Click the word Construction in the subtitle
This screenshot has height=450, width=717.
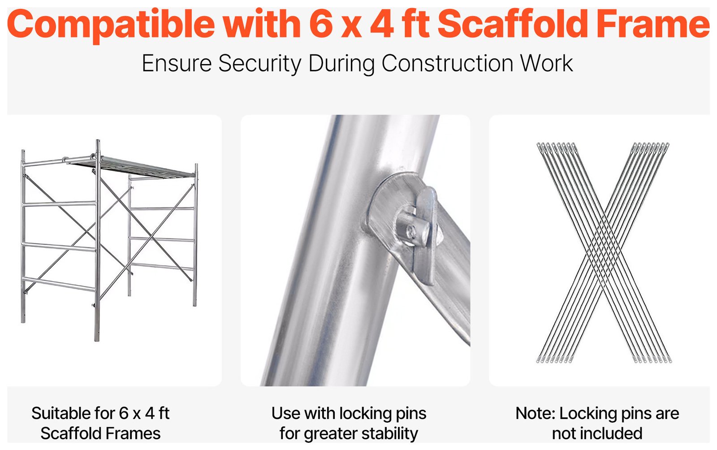(x=447, y=64)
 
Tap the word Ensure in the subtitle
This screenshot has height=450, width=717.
(x=177, y=64)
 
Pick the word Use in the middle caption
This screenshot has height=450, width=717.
(x=285, y=413)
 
